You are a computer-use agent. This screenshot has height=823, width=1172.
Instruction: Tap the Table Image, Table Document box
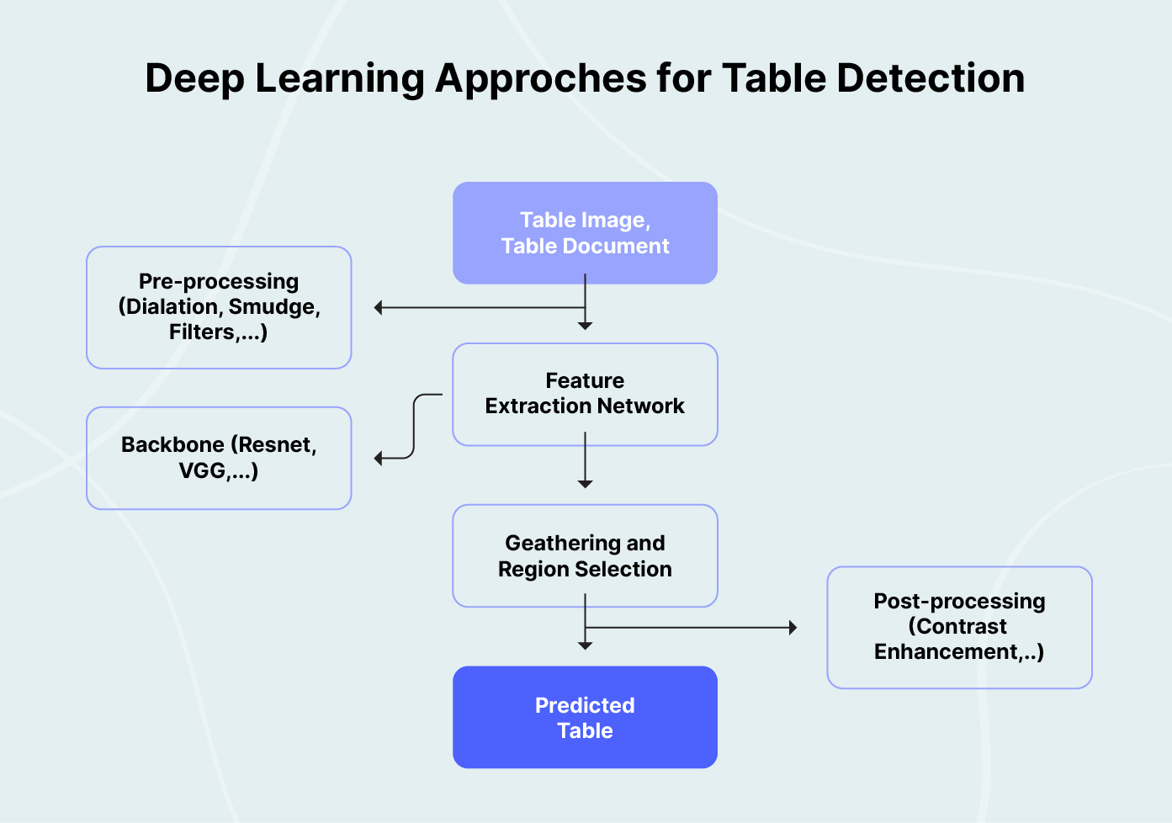click(x=585, y=233)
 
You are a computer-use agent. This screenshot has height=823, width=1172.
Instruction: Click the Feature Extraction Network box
click(x=585, y=394)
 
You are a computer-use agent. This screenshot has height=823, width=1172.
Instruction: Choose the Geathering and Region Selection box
click(x=585, y=555)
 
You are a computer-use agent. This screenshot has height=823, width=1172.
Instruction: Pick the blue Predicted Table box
click(x=585, y=717)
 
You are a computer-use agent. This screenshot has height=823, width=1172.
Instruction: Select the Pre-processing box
click(x=219, y=307)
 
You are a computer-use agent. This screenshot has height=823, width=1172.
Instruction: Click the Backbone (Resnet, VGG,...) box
click(x=219, y=458)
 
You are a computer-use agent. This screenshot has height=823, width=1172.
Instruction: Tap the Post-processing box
click(x=959, y=627)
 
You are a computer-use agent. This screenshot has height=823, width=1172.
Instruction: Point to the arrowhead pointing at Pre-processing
click(x=379, y=308)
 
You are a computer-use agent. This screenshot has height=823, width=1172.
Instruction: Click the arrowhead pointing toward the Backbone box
click(x=379, y=458)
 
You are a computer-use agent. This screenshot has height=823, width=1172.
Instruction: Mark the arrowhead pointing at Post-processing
click(x=793, y=627)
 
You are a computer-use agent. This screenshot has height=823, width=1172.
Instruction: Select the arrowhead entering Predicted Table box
click(x=585, y=645)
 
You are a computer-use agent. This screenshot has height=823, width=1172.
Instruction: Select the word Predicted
click(x=585, y=705)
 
